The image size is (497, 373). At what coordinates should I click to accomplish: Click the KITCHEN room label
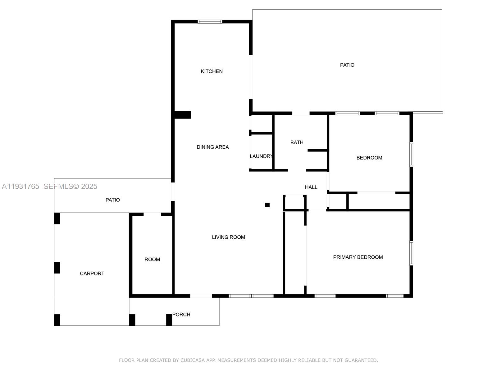[x=212, y=71]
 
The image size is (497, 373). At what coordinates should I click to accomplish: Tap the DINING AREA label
[x=212, y=147]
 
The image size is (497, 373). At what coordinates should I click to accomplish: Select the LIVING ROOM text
[x=228, y=237]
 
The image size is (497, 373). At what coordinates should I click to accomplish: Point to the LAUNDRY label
[x=261, y=156]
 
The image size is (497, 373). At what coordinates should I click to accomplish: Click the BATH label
[x=297, y=142]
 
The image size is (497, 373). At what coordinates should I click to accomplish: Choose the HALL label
[x=311, y=187]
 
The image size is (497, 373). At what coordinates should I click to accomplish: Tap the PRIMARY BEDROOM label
[x=358, y=257]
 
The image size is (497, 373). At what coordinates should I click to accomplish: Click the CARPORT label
[x=92, y=274]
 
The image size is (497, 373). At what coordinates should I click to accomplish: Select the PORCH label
[x=181, y=315]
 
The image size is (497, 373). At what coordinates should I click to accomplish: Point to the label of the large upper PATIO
[x=347, y=65]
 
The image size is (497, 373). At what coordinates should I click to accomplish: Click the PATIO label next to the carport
[x=112, y=200]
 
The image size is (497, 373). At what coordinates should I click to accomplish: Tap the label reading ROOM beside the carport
[x=152, y=260]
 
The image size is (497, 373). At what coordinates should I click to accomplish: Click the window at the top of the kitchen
[x=210, y=22]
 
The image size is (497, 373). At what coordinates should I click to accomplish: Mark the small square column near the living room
[x=267, y=205]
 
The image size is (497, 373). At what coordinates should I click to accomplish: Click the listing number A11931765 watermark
[x=21, y=186]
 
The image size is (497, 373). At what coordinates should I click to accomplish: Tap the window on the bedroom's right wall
[x=411, y=154]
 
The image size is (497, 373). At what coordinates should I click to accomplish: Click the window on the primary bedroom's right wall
[x=411, y=253]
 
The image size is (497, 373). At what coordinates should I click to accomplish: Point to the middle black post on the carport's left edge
[x=57, y=268]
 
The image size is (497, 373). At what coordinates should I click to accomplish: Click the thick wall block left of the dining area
[x=182, y=115]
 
